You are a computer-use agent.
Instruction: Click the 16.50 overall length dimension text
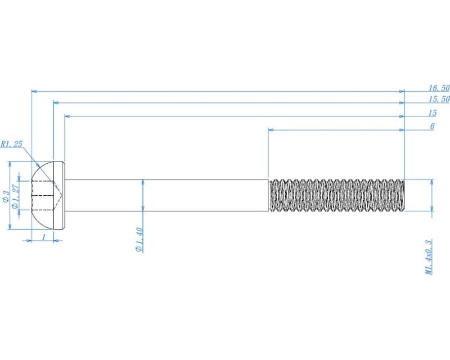[439, 88]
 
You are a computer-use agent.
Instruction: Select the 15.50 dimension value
[439, 99]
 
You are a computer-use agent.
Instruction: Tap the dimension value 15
[432, 112]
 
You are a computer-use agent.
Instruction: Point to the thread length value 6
[432, 127]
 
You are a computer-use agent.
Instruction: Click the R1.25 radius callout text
[11, 144]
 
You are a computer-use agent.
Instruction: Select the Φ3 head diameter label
[5, 196]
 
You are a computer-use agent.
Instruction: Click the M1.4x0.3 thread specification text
[429, 256]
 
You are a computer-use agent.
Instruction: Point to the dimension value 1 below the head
[43, 237]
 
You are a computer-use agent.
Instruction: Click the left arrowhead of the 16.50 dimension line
[34, 91]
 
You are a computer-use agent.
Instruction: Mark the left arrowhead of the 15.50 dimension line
[56, 103]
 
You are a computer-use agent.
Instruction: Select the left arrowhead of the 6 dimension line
[271, 130]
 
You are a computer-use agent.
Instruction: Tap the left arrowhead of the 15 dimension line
[67, 116]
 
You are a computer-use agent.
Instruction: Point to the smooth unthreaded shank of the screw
[169, 195]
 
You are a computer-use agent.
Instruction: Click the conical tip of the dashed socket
[61, 195]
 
